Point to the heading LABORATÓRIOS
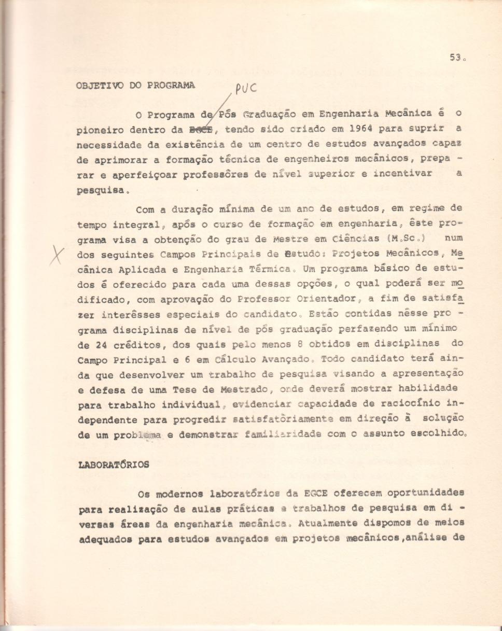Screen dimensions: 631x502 pyautogui.click(x=113, y=465)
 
